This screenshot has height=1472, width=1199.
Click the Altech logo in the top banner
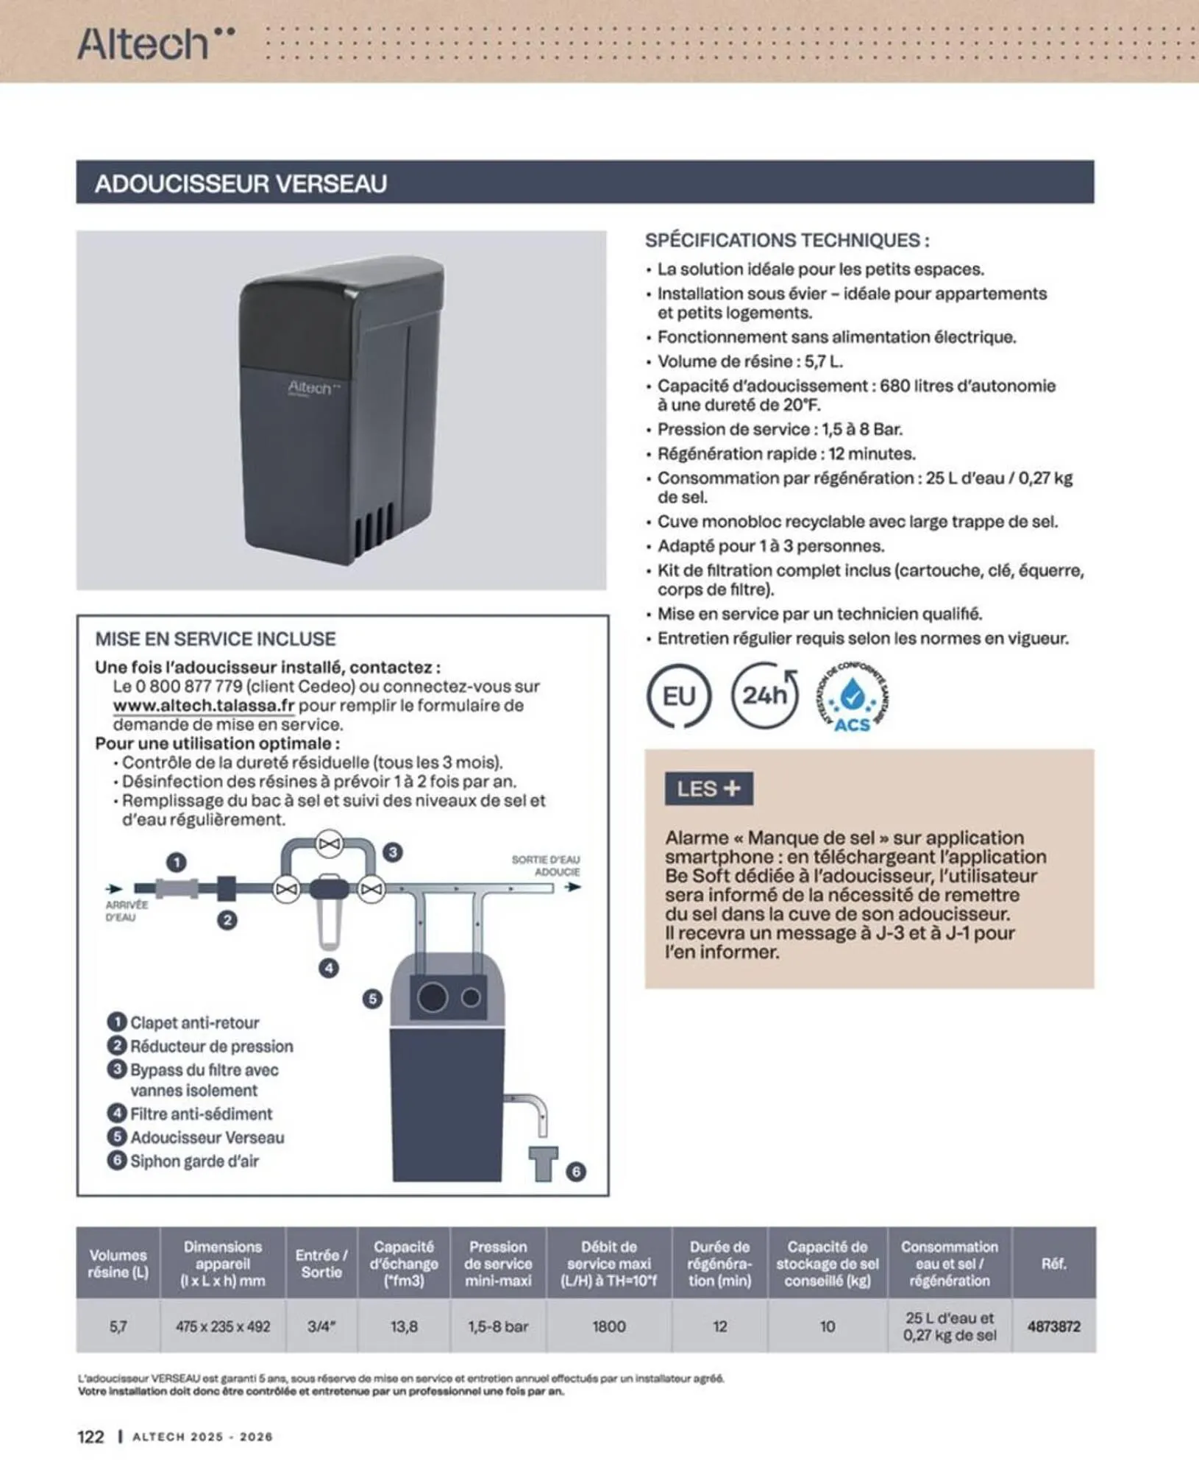tap(155, 43)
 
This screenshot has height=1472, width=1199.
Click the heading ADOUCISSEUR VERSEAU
tap(241, 183)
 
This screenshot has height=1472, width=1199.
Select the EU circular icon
tap(678, 696)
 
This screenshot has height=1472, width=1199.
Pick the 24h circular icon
tap(765, 695)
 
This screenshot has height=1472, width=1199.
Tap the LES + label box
tap(708, 788)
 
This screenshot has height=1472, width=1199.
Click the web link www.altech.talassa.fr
tap(204, 705)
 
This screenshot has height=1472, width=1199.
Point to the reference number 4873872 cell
tap(1053, 1326)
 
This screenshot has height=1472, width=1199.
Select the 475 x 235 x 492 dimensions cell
tap(223, 1326)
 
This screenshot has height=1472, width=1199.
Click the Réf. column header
tap(1053, 1263)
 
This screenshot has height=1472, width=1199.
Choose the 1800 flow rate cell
tap(609, 1326)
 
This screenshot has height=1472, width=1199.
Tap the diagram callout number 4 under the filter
tap(329, 968)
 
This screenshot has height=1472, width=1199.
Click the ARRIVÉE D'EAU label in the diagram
tap(127, 911)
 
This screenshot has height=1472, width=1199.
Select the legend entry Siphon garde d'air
tap(194, 1161)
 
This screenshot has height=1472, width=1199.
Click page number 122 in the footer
tap(91, 1437)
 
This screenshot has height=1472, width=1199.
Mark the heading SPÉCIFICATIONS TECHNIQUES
tap(787, 240)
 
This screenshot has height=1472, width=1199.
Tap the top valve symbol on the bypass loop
tap(329, 843)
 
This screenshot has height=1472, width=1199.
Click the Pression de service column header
tap(498, 1263)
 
